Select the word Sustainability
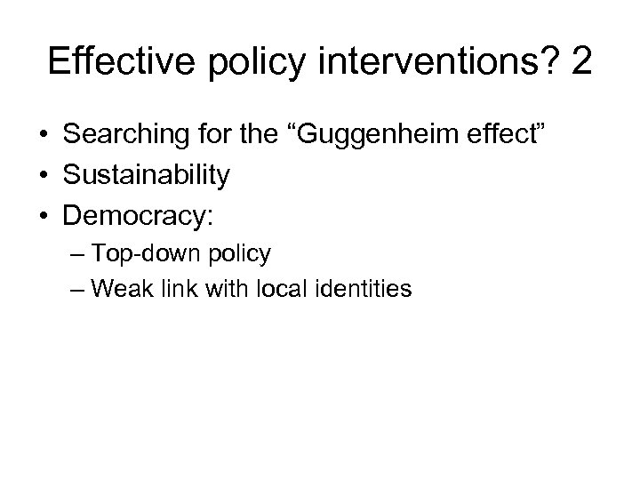[x=147, y=174]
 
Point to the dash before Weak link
[x=77, y=289]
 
